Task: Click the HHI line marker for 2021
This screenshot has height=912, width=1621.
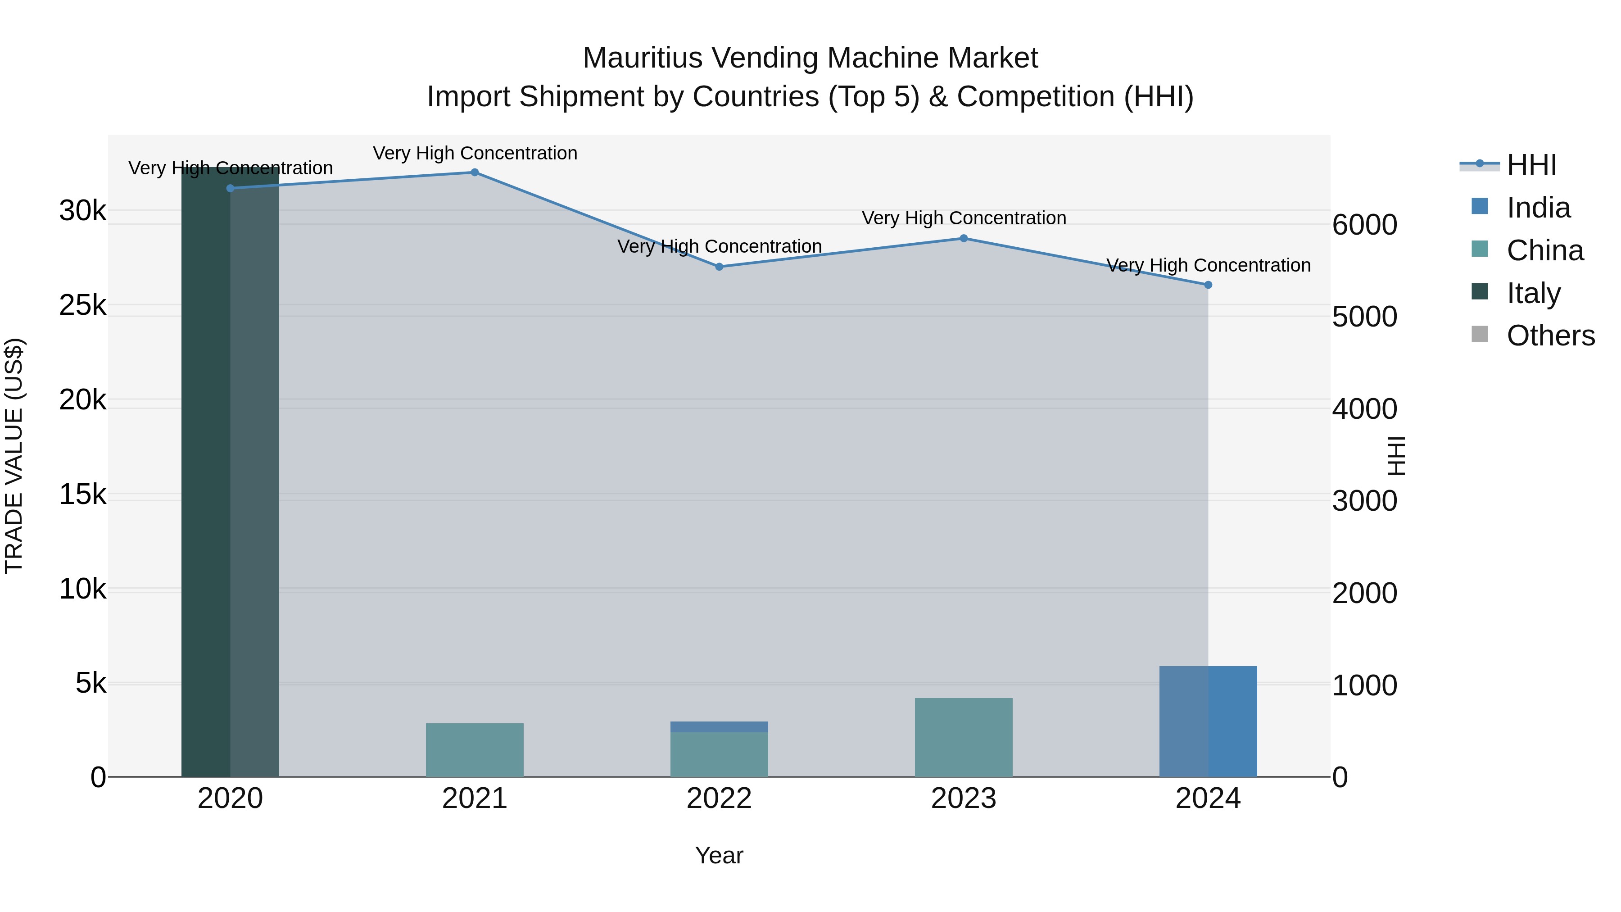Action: click(475, 172)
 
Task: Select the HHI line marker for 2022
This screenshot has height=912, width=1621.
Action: click(719, 267)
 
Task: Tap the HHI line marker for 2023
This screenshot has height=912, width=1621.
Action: click(964, 239)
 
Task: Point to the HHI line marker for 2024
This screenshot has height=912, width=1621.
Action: click(1208, 285)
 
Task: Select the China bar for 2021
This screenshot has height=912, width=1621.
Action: click(475, 750)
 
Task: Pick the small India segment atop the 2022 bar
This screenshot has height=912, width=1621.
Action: click(719, 727)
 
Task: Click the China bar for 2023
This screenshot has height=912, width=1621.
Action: click(964, 738)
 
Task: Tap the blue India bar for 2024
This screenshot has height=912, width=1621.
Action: click(1208, 721)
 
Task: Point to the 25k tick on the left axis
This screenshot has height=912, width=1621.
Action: click(82, 306)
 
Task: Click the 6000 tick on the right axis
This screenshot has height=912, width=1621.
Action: click(1364, 225)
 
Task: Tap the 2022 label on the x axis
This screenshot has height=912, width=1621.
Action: click(719, 799)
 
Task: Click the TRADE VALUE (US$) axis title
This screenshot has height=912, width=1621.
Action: click(14, 456)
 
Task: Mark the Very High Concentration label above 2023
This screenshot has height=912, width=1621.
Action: click(964, 218)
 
